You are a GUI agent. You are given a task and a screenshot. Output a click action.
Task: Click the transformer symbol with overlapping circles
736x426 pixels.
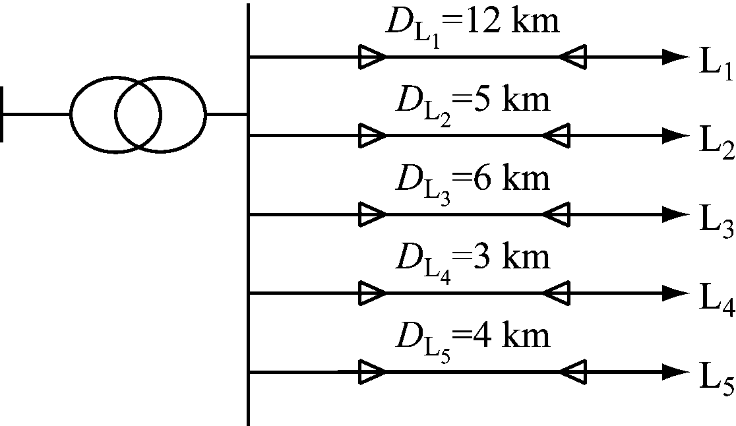(x=138, y=115)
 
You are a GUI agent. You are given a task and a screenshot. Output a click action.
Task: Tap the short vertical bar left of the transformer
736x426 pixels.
(x=3, y=115)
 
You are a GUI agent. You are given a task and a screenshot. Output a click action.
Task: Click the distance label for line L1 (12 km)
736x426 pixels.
(x=471, y=24)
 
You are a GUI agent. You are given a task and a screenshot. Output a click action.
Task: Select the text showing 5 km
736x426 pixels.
(x=471, y=104)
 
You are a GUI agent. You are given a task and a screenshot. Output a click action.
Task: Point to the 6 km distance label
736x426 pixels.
(x=471, y=181)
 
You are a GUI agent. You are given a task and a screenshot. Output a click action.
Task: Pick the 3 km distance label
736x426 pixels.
(x=471, y=260)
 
